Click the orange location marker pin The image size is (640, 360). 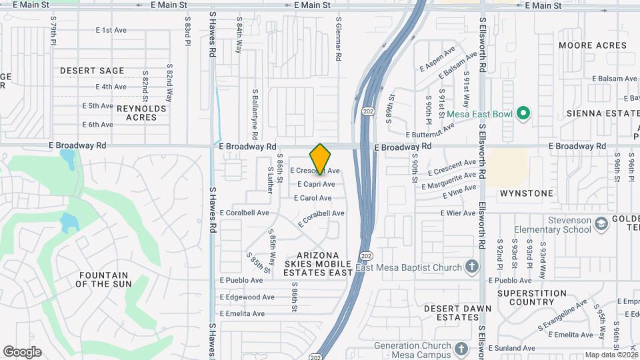click(x=321, y=159)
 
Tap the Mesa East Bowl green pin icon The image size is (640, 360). click(x=523, y=114)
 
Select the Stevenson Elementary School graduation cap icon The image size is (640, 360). click(x=602, y=225)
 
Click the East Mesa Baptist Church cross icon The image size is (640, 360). click(x=472, y=267)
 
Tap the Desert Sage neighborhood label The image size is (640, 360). click(x=92, y=71)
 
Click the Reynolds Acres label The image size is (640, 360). click(x=141, y=113)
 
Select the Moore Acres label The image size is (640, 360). click(x=593, y=45)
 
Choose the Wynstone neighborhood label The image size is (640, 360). click(x=527, y=193)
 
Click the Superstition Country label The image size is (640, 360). click(x=532, y=298)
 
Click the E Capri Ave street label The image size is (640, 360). click(x=316, y=184)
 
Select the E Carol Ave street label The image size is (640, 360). click(x=313, y=198)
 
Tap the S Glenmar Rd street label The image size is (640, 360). click(x=339, y=40)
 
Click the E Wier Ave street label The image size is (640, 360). click(x=457, y=213)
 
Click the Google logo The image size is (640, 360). click(x=22, y=352)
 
